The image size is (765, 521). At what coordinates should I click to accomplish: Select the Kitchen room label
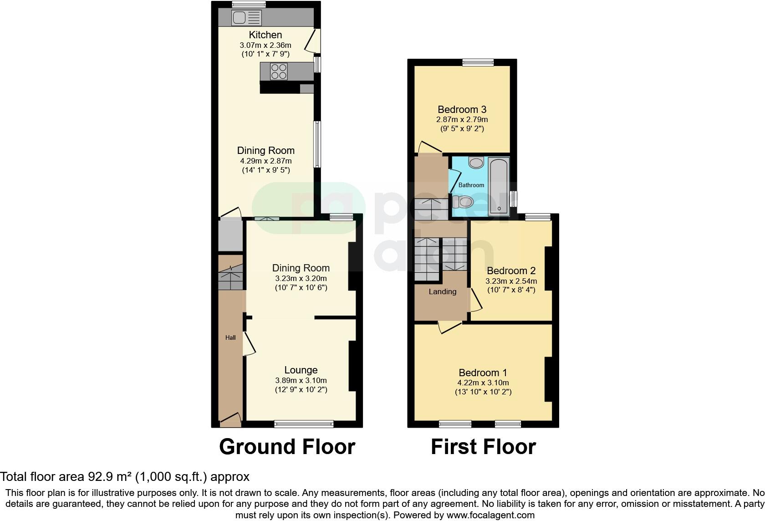coord(265,35)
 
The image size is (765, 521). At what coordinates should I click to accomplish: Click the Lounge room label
coord(301,370)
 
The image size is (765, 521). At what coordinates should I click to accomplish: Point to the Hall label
coord(230,337)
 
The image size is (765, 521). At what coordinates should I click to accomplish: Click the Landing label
coord(442,291)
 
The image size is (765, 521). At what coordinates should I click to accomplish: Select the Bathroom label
coord(471,185)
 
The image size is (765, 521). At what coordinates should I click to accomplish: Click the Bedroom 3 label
coord(462,109)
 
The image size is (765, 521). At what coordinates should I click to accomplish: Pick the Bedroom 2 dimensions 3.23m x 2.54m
coord(511,281)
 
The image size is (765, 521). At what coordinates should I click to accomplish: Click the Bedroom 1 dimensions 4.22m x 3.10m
coord(483,383)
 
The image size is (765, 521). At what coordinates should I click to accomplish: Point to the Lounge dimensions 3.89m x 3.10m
coord(301,381)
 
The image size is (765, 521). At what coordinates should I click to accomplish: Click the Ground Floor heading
coord(287,447)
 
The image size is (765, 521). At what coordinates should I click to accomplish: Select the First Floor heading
coord(483,447)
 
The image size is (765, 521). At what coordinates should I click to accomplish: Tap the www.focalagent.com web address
coord(490,515)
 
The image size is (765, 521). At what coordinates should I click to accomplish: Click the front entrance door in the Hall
coord(230,419)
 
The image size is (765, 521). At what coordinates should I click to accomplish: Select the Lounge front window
coord(304,424)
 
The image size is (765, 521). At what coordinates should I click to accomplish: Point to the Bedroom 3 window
coord(478,63)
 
